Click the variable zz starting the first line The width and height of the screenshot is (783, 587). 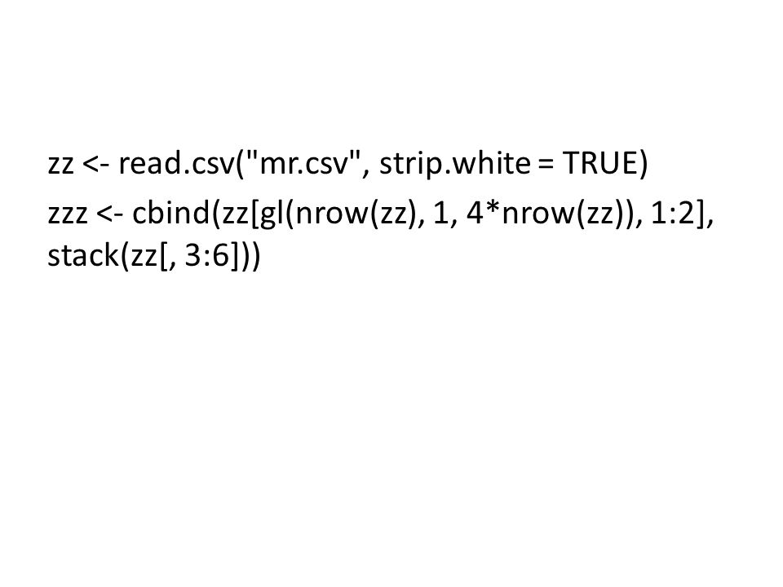[x=61, y=165]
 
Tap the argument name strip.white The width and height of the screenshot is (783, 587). [x=455, y=164]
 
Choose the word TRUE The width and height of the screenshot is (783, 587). [x=600, y=163]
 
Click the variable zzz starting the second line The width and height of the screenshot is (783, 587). [x=68, y=215]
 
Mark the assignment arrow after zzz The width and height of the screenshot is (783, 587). [x=108, y=214]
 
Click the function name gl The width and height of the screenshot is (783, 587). [x=269, y=214]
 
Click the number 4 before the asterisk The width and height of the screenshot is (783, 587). [x=474, y=213]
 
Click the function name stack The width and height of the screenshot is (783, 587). [x=83, y=255]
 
